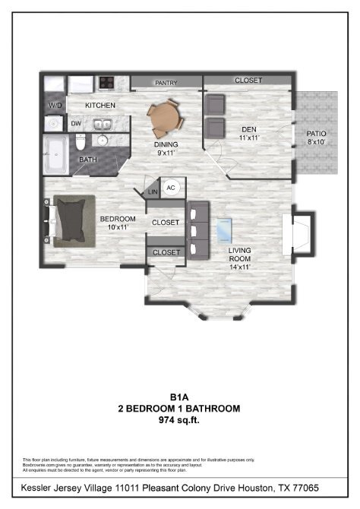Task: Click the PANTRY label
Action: [x=166, y=83]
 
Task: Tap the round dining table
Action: [x=165, y=116]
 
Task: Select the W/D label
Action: [x=55, y=105]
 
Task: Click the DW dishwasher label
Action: [x=76, y=123]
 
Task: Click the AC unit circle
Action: [x=171, y=188]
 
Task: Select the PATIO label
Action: [x=317, y=134]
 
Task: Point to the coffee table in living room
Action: [x=225, y=229]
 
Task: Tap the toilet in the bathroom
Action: [x=80, y=141]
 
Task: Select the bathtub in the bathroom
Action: [x=55, y=155]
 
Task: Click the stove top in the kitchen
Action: [x=106, y=82]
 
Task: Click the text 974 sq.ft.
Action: [x=179, y=420]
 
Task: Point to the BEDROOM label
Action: [x=117, y=220]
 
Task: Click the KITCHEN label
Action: [x=100, y=105]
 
